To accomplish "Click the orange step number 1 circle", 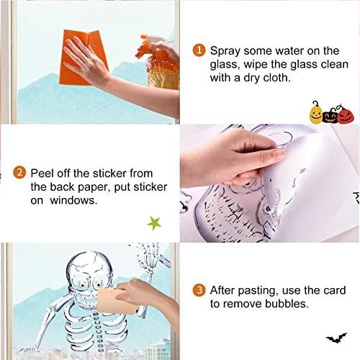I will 199,50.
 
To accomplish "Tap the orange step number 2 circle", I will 20,173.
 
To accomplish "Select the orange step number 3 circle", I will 199,290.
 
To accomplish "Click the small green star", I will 153,222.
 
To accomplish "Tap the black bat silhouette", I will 336,336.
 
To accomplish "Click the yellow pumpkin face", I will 315,111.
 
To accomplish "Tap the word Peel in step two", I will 43,173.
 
